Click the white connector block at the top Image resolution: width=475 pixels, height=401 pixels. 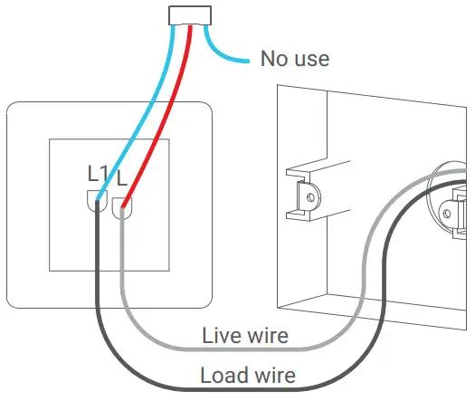pos(191,14)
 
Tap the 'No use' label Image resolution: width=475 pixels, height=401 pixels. pos(294,60)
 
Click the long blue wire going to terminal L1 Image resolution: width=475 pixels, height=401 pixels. pos(140,113)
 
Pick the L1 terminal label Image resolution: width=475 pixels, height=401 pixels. pos(98,173)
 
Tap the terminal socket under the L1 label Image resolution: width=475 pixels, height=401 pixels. pos(97,203)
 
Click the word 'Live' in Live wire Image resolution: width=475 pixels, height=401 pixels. pos(222,337)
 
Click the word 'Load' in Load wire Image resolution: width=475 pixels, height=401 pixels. pos(223,374)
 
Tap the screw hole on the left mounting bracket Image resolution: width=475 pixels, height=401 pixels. pos(309,193)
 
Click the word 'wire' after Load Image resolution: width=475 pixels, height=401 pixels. pos(272,374)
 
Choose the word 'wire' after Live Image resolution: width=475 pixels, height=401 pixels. pos(268,337)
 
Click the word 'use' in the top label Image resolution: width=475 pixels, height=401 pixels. pos(310,60)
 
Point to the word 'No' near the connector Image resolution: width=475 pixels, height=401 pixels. pos(274,60)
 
